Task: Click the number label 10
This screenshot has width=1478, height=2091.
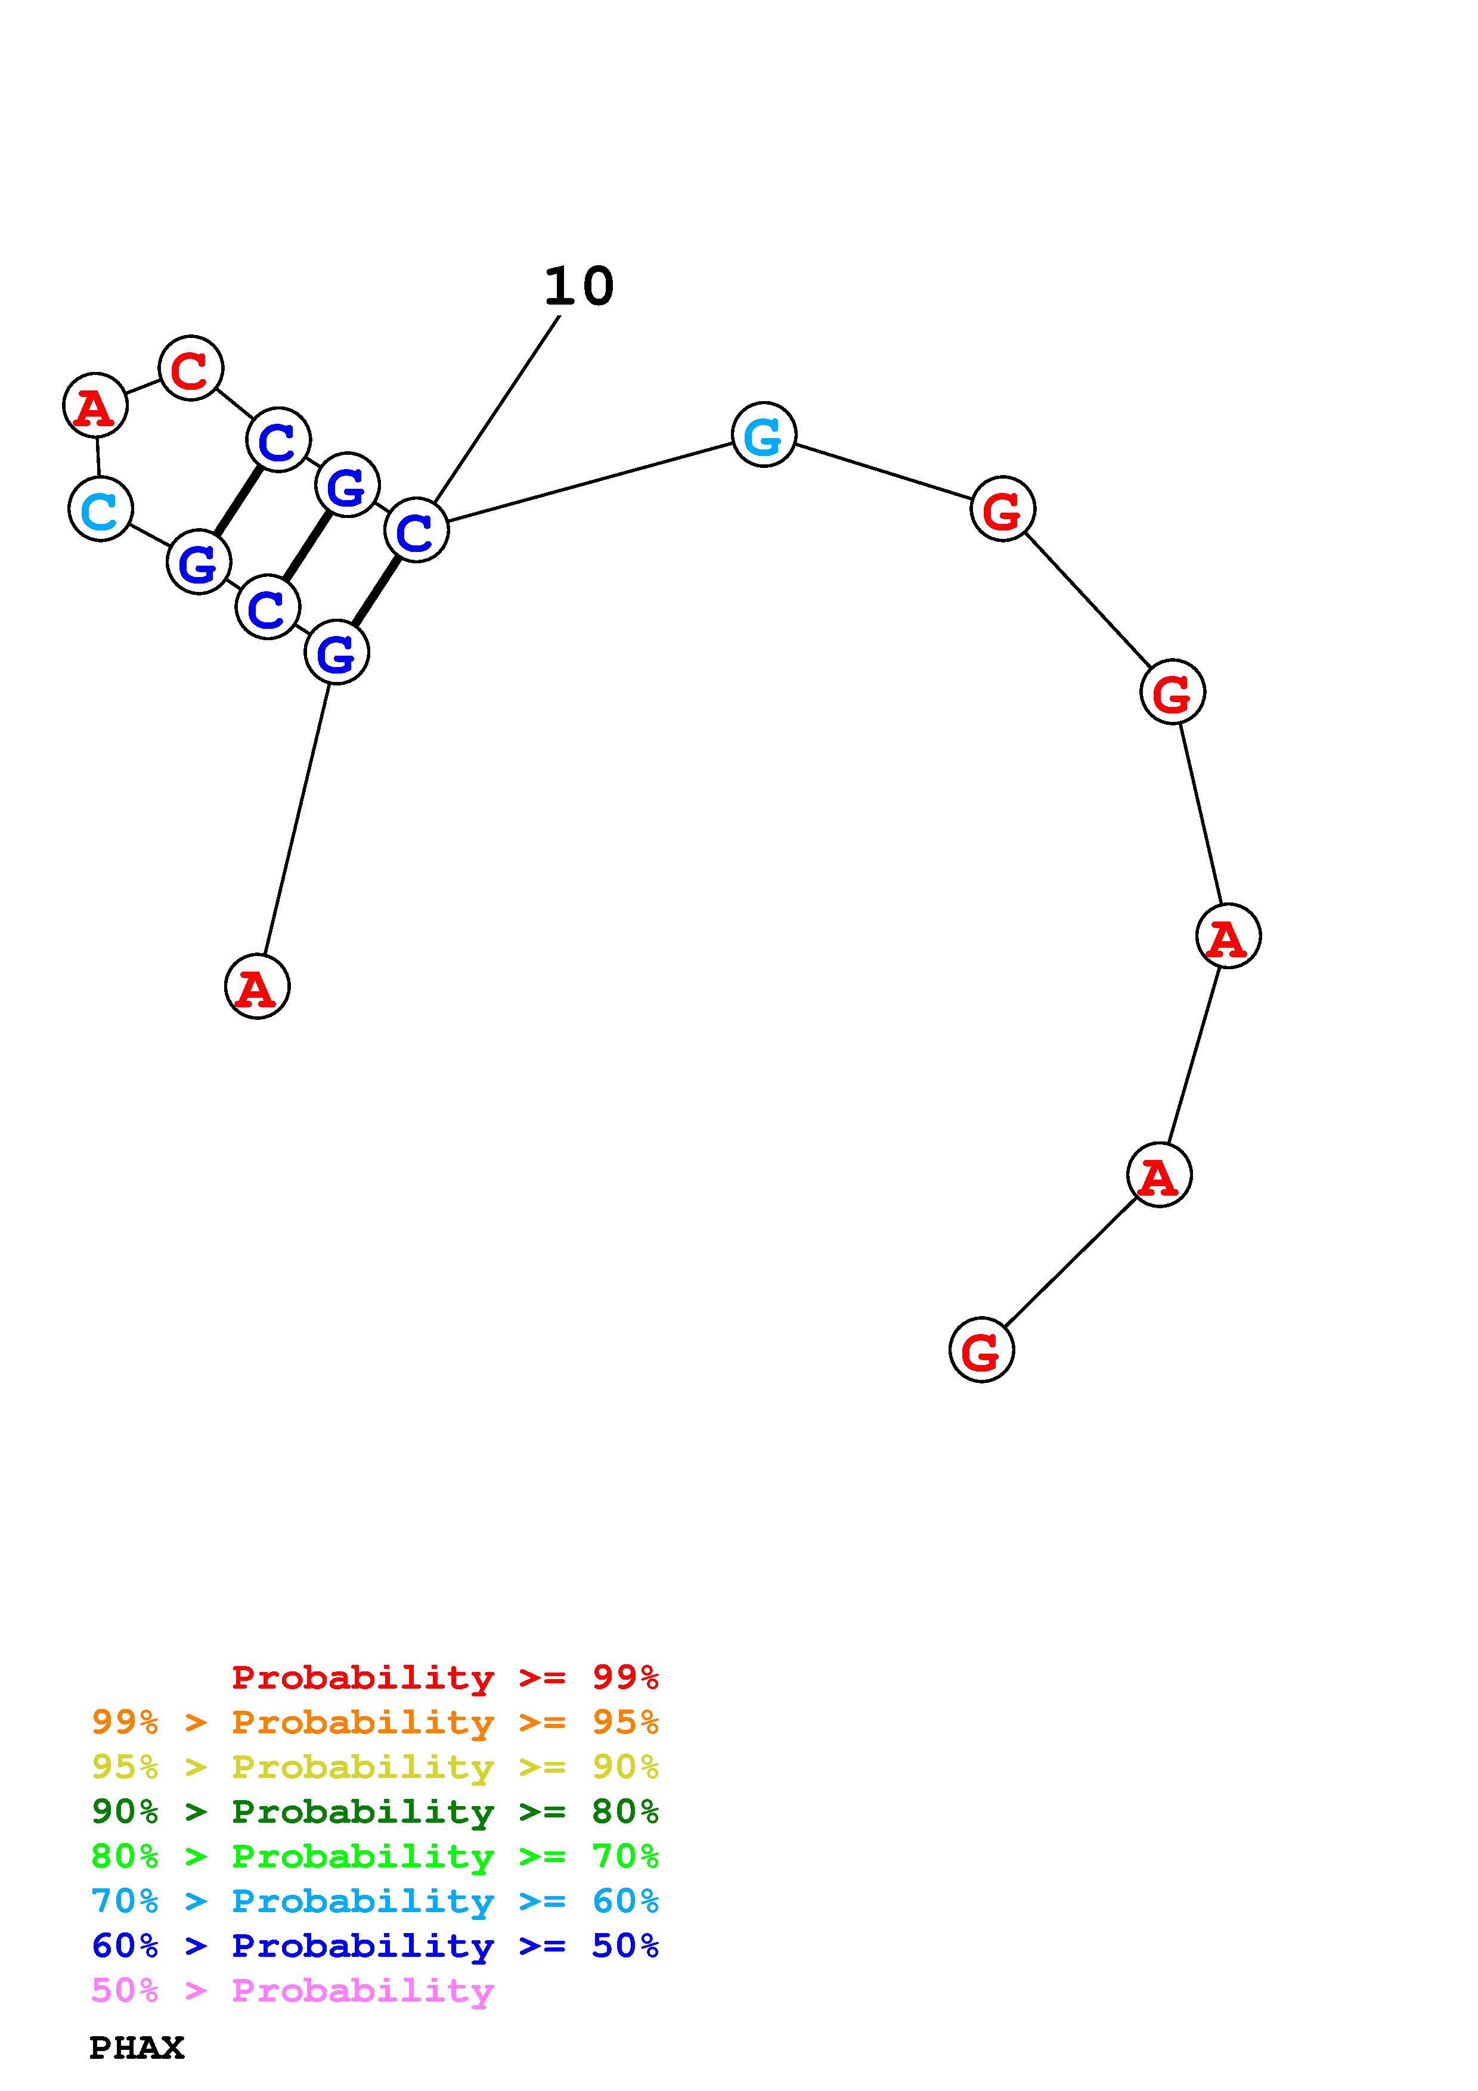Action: tap(579, 287)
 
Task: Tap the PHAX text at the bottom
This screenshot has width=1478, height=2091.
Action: tap(137, 2048)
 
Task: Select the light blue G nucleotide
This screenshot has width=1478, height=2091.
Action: tap(763, 435)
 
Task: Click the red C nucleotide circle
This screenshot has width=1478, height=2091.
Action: tap(190, 368)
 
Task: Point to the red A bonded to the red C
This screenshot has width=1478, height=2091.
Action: tap(95, 405)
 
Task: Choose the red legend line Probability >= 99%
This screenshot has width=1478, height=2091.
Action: tap(444, 1677)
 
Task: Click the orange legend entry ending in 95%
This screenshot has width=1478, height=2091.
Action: tap(375, 1722)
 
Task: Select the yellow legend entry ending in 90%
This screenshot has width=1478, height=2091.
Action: tap(375, 1767)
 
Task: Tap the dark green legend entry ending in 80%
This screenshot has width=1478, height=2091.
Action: tap(375, 1811)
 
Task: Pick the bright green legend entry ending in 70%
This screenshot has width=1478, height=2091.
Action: tap(375, 1856)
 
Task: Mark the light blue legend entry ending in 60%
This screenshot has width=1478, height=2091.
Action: tap(375, 1901)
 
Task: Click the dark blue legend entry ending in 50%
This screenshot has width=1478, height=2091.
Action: tap(375, 1946)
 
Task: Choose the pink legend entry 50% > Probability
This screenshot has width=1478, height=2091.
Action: tap(292, 1990)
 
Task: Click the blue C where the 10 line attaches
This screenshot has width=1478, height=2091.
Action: tap(416, 530)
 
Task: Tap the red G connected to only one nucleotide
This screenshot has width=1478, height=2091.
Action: tap(981, 1349)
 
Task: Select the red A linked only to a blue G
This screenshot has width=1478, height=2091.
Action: tap(257, 986)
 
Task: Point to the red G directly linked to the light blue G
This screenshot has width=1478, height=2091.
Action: tap(1002, 508)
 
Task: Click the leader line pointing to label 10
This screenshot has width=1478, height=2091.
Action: tap(496, 408)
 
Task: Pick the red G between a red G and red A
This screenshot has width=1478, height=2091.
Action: tap(1172, 692)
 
